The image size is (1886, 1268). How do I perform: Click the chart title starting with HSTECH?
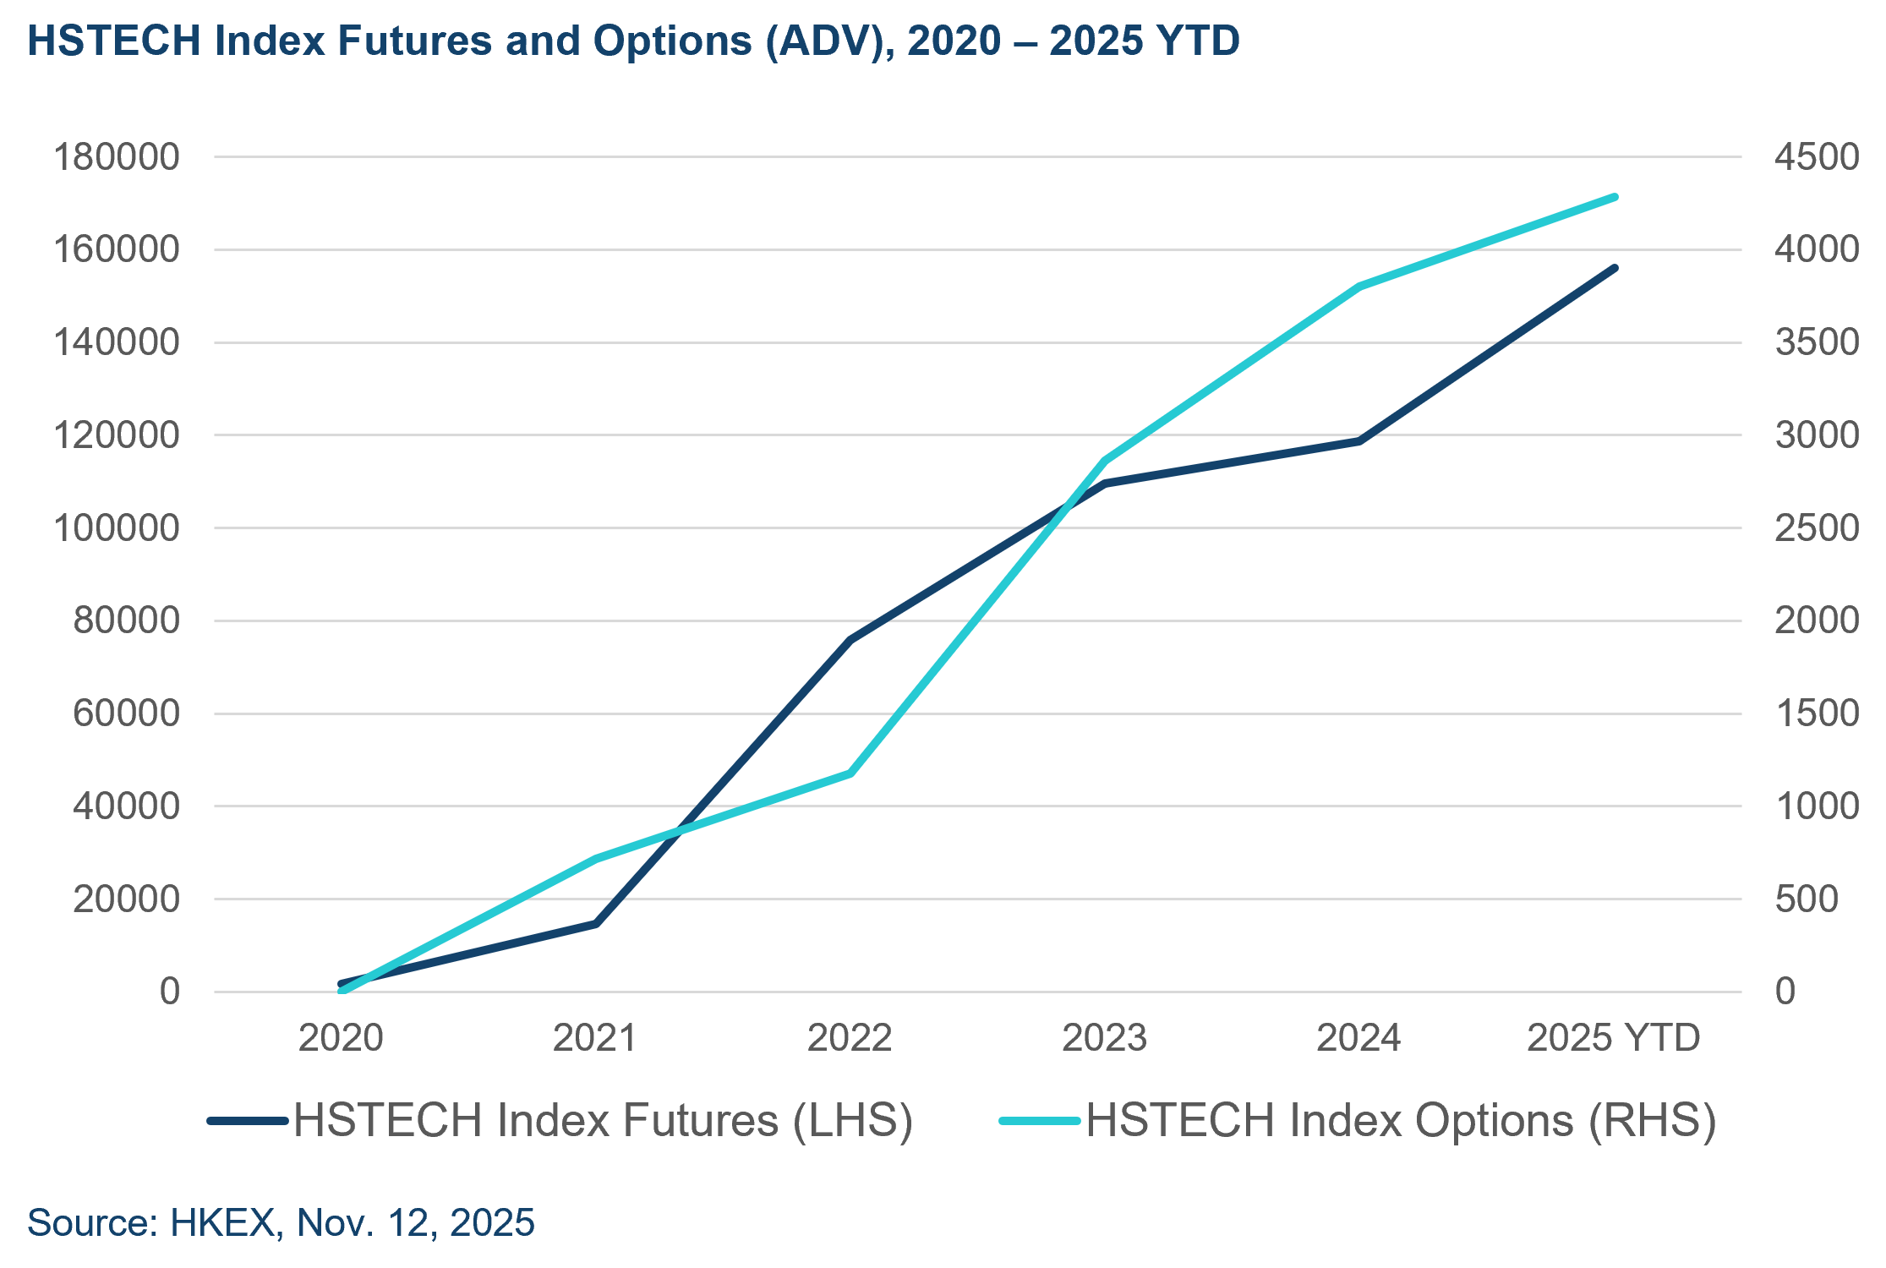pyautogui.click(x=633, y=41)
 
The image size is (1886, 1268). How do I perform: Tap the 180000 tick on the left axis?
pyautogui.click(x=117, y=157)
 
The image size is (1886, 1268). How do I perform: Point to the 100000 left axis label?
pyautogui.click(x=117, y=528)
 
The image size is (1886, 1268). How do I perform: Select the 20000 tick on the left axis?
pyautogui.click(x=126, y=899)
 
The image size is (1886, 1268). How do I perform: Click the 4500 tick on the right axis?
pyautogui.click(x=1817, y=157)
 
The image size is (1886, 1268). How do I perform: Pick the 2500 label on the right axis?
pyautogui.click(x=1817, y=528)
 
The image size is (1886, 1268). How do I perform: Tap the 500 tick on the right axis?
pyautogui.click(x=1807, y=899)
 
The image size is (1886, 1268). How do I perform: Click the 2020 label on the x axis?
pyautogui.click(x=341, y=1037)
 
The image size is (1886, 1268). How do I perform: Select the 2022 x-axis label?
pyautogui.click(x=850, y=1037)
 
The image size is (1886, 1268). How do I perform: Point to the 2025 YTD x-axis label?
pyautogui.click(x=1613, y=1037)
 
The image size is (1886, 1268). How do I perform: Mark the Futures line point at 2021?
pyautogui.click(x=596, y=924)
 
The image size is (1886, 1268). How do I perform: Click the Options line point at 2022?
pyautogui.click(x=850, y=773)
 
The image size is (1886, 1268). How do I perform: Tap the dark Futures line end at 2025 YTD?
pyautogui.click(x=1614, y=268)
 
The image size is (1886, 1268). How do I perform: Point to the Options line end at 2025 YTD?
pyautogui.click(x=1615, y=197)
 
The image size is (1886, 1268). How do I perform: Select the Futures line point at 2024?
pyautogui.click(x=1359, y=441)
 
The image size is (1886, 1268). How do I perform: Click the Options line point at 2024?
pyautogui.click(x=1359, y=287)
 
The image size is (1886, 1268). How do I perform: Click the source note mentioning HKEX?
pyautogui.click(x=281, y=1223)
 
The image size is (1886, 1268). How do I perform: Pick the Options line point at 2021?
pyautogui.click(x=596, y=859)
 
